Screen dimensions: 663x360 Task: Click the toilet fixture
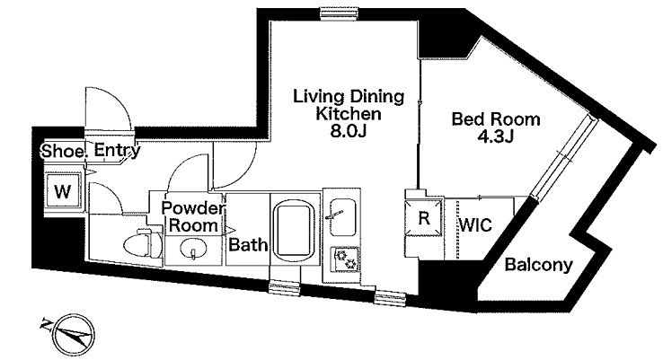click(x=143, y=242)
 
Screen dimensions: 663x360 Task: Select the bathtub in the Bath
click(x=295, y=230)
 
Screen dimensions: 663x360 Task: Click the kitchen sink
click(x=342, y=217)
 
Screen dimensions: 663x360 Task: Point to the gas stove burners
click(x=345, y=259)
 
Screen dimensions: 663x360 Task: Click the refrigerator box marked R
click(x=424, y=218)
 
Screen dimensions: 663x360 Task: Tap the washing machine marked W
click(x=63, y=191)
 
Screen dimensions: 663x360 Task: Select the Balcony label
click(x=539, y=266)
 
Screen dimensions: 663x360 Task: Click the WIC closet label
click(x=475, y=224)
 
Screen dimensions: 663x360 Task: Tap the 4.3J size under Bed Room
click(x=495, y=136)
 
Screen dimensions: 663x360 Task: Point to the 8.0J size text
click(x=348, y=131)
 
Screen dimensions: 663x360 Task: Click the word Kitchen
click(x=349, y=114)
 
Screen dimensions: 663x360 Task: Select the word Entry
click(x=117, y=151)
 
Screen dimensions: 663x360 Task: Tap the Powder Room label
click(x=194, y=216)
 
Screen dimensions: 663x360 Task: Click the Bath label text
click(x=248, y=245)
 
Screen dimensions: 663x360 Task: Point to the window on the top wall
click(x=339, y=13)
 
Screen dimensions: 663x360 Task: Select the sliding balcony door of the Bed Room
click(x=564, y=157)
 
